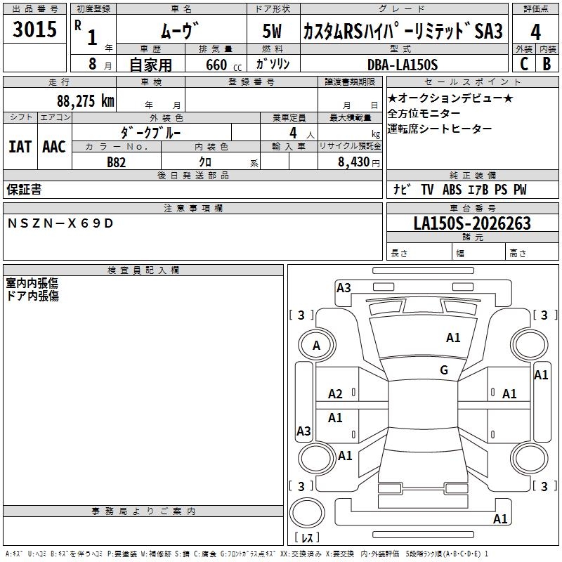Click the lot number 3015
coord(35,30)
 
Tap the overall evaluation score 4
coord(535,32)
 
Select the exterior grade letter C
coord(523,64)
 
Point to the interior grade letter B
coord(547,64)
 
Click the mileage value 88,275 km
coord(86,100)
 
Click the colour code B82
coord(117,162)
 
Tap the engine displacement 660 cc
coord(216,65)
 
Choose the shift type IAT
coord(20,146)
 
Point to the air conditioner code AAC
coord(54,146)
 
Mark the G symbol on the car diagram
coord(444,370)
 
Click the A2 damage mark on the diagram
coord(335,394)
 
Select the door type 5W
coord(273,32)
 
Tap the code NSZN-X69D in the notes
coord(60,223)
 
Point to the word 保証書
coord(24,189)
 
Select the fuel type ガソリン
coord(273,64)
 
